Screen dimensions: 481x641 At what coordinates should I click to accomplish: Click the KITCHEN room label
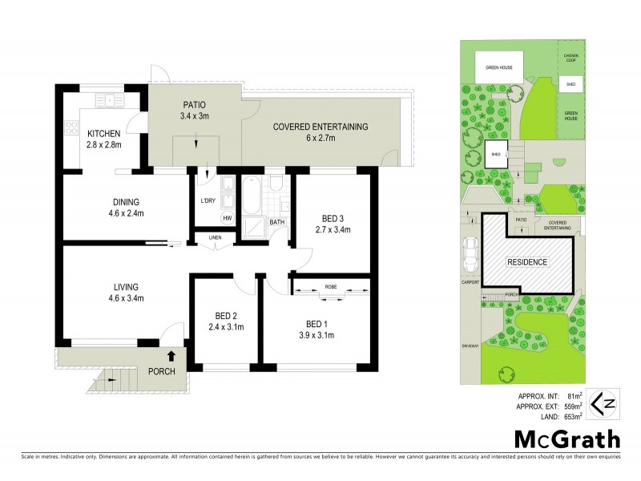pyautogui.click(x=103, y=133)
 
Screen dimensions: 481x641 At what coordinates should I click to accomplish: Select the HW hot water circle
pyautogui.click(x=227, y=218)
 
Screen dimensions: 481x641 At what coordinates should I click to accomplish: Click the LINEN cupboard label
pyautogui.click(x=214, y=236)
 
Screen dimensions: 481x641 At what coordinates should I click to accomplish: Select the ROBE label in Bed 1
pyautogui.click(x=331, y=286)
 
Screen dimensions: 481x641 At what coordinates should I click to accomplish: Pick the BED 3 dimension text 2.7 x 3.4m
pyautogui.click(x=332, y=230)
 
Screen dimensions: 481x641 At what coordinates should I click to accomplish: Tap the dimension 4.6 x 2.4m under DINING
pyautogui.click(x=126, y=213)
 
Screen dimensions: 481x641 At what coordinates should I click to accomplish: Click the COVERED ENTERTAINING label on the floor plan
pyautogui.click(x=320, y=127)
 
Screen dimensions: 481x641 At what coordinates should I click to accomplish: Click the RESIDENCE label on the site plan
pyautogui.click(x=527, y=262)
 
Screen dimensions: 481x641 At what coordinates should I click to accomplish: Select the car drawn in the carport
pyautogui.click(x=469, y=254)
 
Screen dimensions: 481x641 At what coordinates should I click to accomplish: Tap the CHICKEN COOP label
pyautogui.click(x=570, y=57)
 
